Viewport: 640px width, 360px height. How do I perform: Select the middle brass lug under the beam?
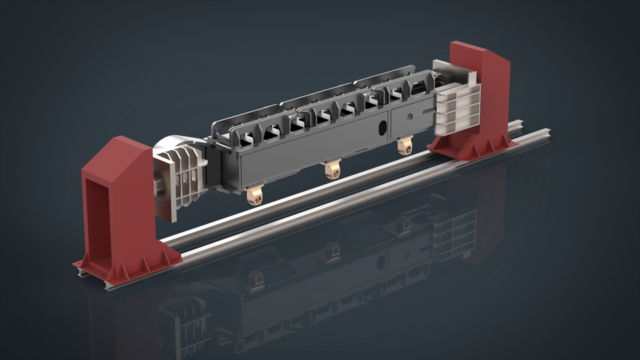point(330,169)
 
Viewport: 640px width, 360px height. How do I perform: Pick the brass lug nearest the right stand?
point(403,146)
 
